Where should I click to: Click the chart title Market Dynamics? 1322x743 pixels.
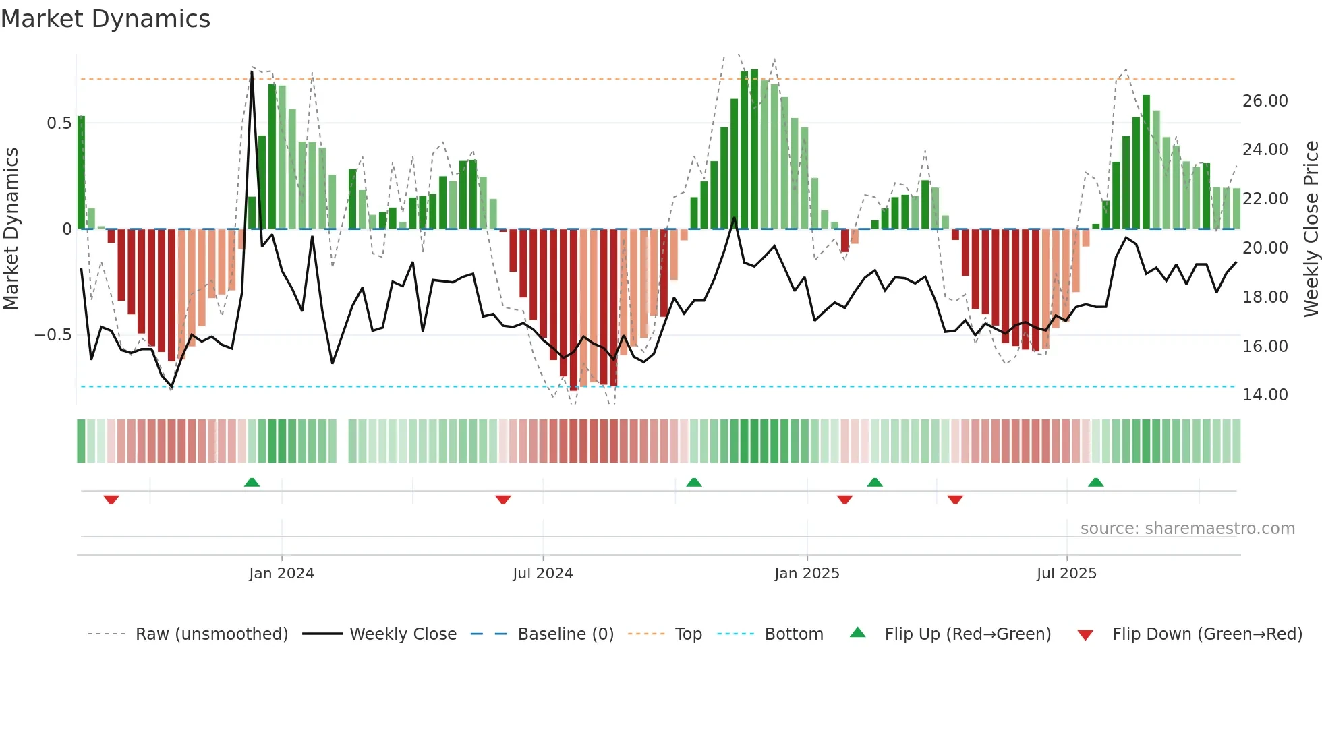105,19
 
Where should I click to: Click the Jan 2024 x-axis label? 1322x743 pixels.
281,573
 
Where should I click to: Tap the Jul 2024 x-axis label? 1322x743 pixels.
542,573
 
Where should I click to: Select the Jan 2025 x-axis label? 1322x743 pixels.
807,573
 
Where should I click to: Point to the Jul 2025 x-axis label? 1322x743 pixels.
1066,573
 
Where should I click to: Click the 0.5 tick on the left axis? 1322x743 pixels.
59,123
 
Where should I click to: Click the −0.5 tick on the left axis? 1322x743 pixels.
53,335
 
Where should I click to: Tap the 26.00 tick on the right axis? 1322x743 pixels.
1265,101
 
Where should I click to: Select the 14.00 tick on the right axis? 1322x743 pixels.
1265,395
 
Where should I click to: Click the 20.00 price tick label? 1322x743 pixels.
1265,248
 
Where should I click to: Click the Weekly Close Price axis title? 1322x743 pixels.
1311,229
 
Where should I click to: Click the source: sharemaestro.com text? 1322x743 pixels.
1187,529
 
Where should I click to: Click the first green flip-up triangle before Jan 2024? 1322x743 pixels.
252,482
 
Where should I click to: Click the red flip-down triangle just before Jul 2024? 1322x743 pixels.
503,500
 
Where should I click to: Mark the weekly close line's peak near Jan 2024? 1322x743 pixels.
252,72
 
